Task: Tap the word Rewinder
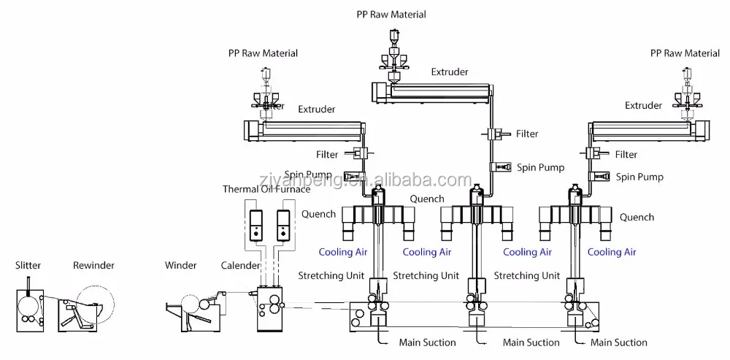(93, 265)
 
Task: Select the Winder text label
(180, 265)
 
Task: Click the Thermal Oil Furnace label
(266, 190)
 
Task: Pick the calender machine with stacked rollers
(270, 310)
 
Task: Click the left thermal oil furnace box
(254, 226)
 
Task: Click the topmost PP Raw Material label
(392, 15)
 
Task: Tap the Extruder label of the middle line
(449, 72)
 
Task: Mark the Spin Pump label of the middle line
(541, 167)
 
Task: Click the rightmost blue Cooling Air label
(612, 252)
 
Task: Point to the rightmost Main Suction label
(619, 342)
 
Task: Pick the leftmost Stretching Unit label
(331, 275)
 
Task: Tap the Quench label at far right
(637, 217)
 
